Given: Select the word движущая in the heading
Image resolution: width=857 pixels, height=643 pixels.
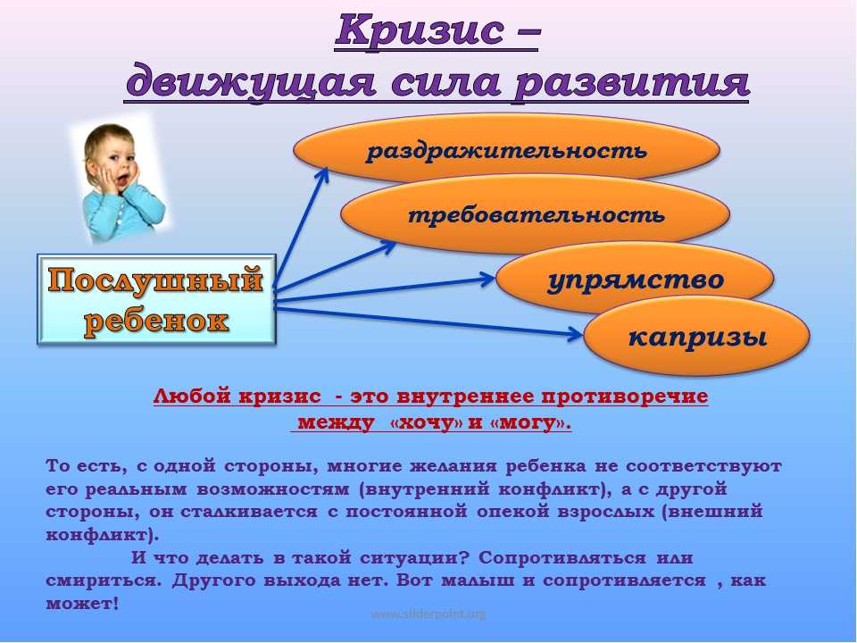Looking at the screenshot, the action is pos(250,82).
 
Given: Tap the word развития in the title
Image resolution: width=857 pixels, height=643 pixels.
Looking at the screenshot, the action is pos(631,82).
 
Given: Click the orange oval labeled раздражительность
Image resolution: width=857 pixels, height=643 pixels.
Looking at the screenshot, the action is pos(507,149).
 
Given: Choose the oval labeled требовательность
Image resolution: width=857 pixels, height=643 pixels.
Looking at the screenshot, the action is pos(536,213).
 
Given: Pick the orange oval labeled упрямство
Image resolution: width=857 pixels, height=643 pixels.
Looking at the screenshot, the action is pos(635,279).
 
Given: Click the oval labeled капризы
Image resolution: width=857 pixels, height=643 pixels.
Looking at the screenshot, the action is pos(697,337).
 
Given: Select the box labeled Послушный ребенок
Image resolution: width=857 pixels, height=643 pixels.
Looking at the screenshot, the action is pos(156,299).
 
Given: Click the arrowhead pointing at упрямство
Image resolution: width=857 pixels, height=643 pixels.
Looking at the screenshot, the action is pos(487,280).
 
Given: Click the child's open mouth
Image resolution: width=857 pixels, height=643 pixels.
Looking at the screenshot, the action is pos(123,179).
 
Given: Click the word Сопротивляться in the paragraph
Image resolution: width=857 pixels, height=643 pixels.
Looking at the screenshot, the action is pos(562,558).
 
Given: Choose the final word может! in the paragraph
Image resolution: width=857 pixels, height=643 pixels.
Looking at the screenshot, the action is pos(82,604).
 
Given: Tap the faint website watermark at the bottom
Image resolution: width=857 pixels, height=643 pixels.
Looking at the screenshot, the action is pos(428,614).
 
